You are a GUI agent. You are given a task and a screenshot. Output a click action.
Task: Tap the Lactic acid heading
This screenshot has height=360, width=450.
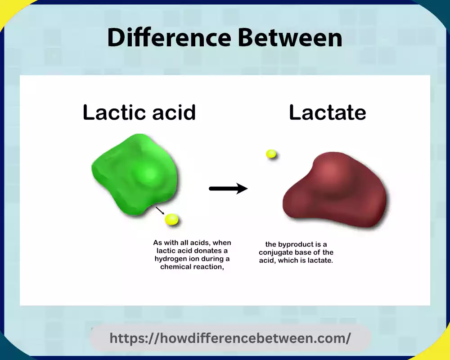click(x=139, y=112)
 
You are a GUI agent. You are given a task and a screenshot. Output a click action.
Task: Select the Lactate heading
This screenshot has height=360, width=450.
click(x=327, y=112)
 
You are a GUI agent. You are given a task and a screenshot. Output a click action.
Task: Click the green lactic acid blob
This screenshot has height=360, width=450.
click(x=137, y=173)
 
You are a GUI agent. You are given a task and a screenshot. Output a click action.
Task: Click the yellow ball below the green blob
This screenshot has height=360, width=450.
click(x=171, y=219)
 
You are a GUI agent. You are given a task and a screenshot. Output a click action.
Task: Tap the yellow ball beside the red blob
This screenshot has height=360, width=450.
click(x=271, y=154)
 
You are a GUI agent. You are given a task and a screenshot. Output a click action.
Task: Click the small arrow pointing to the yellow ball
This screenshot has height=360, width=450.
click(x=160, y=211)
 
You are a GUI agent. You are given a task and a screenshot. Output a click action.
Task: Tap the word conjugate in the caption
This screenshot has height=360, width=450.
click(x=275, y=252)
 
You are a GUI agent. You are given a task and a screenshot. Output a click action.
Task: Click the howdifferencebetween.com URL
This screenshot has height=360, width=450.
click(x=230, y=338)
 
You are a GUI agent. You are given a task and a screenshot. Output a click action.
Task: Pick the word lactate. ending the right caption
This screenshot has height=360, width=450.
click(x=320, y=261)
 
